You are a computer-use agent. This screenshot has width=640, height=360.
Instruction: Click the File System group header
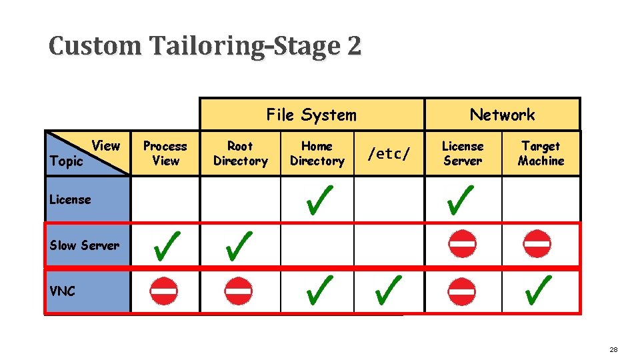click(x=311, y=115)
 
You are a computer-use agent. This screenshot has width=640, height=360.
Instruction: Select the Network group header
click(x=502, y=115)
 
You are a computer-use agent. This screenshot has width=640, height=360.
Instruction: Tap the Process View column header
click(x=165, y=153)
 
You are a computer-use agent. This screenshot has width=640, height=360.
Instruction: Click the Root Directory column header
click(x=240, y=153)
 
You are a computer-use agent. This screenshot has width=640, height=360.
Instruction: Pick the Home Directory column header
click(x=317, y=153)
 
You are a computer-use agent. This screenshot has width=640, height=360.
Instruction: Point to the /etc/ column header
click(x=389, y=154)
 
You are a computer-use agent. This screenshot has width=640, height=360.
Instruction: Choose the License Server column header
click(x=463, y=153)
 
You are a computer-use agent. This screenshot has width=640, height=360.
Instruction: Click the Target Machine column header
click(x=541, y=153)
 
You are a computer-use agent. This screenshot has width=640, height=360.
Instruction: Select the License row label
click(x=71, y=199)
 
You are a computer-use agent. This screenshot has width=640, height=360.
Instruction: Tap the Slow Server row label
click(x=85, y=245)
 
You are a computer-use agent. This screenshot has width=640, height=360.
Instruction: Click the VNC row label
click(x=63, y=291)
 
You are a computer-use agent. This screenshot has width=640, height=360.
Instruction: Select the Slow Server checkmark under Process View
click(x=165, y=245)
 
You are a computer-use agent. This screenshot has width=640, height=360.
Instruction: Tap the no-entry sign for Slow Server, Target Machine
click(x=537, y=245)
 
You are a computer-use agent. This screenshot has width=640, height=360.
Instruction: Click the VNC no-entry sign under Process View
click(x=163, y=291)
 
